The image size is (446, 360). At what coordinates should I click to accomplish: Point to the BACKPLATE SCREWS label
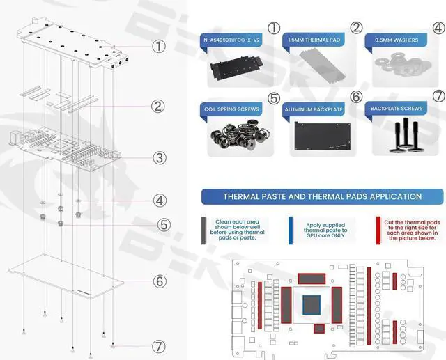coord(397,109)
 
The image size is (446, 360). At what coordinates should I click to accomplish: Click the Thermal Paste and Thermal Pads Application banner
coord(322,196)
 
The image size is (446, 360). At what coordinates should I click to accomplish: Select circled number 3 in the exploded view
coord(160,158)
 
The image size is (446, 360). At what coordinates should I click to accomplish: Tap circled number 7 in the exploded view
coord(160,345)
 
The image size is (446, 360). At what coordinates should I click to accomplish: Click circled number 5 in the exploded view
coord(163,225)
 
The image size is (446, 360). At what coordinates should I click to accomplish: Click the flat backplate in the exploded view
coord(66,278)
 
